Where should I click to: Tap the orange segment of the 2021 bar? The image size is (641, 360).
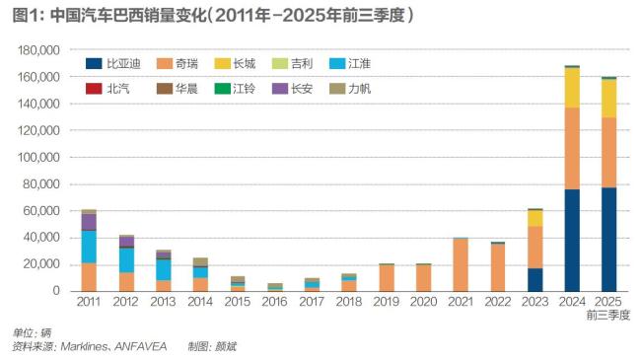[x=460, y=264]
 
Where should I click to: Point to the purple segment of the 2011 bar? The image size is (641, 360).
[x=89, y=222]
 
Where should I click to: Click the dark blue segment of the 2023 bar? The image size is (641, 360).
[x=534, y=279]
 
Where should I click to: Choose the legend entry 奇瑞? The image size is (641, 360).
[x=186, y=64]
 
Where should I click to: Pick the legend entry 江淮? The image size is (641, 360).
[x=359, y=64]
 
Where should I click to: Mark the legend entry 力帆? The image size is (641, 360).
[x=359, y=89]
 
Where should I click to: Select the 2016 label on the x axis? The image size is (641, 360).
[x=274, y=301]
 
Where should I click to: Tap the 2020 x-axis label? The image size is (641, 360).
[x=422, y=301]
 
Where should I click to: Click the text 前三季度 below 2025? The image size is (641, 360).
[x=608, y=315]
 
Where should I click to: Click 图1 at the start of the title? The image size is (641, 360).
[x=21, y=15]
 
